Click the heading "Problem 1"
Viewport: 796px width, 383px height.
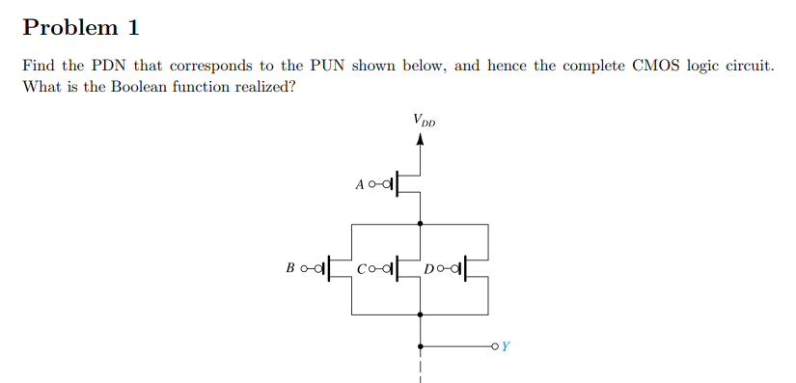tap(81, 27)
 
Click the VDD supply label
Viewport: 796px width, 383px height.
tap(423, 121)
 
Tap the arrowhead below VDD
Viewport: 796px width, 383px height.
tap(420, 139)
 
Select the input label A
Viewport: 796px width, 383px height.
tap(360, 183)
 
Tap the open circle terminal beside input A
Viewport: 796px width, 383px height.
tap(373, 183)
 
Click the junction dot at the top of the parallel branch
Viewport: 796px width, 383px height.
tap(420, 223)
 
